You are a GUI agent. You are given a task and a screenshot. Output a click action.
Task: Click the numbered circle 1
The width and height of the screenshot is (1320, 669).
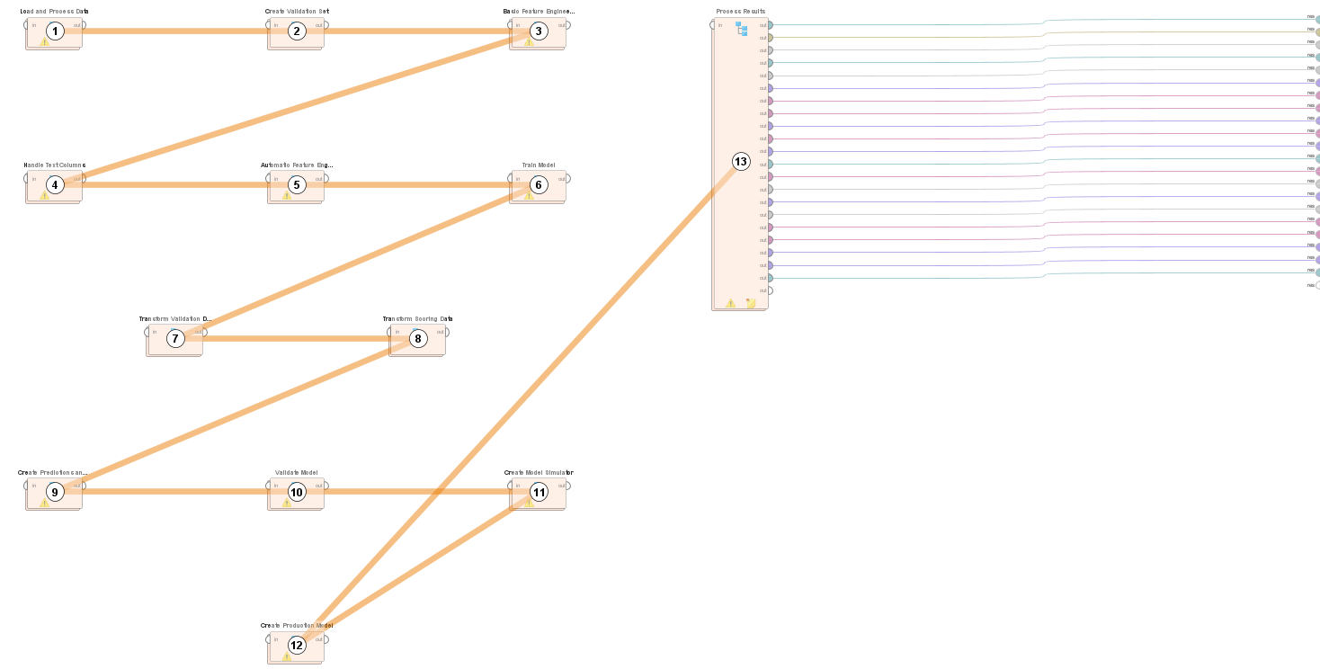tap(55, 31)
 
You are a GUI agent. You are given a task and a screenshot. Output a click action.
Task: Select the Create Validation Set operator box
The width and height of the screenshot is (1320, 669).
tap(296, 33)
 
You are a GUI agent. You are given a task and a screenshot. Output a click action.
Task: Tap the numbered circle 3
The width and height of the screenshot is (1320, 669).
tap(538, 31)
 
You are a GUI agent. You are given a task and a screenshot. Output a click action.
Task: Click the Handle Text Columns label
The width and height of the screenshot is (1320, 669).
tap(54, 165)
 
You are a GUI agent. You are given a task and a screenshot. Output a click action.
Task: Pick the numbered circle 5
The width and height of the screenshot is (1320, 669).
tap(297, 185)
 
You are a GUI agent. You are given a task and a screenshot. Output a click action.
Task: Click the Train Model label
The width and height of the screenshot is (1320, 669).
tap(538, 165)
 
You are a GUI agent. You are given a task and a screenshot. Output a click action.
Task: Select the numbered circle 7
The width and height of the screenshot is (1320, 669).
tap(175, 338)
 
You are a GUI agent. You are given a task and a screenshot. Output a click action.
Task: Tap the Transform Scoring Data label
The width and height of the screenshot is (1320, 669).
tap(417, 319)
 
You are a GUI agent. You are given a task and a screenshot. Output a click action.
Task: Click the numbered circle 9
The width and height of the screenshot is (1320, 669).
tap(55, 492)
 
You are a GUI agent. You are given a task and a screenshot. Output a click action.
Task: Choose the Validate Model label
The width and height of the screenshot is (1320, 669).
tap(296, 473)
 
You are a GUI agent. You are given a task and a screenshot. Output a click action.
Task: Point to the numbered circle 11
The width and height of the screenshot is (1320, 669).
tap(538, 492)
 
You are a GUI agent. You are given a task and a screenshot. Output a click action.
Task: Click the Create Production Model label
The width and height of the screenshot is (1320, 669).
tap(296, 626)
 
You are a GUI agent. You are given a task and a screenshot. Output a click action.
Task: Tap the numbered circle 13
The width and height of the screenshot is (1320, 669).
tap(740, 162)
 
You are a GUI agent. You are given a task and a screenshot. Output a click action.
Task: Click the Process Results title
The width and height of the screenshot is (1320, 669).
tap(740, 12)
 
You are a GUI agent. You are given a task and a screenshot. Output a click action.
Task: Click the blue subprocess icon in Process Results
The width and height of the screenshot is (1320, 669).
tap(742, 29)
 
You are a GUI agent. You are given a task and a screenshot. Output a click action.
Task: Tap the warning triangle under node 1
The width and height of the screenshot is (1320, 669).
tap(44, 42)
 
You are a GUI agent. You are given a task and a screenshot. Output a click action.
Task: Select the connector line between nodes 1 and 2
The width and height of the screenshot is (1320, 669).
tap(175, 31)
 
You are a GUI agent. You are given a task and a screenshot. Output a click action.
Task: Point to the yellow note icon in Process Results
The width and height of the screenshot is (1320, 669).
tap(750, 304)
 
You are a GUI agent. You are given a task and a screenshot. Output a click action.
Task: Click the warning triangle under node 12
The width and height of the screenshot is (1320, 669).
tap(286, 656)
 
